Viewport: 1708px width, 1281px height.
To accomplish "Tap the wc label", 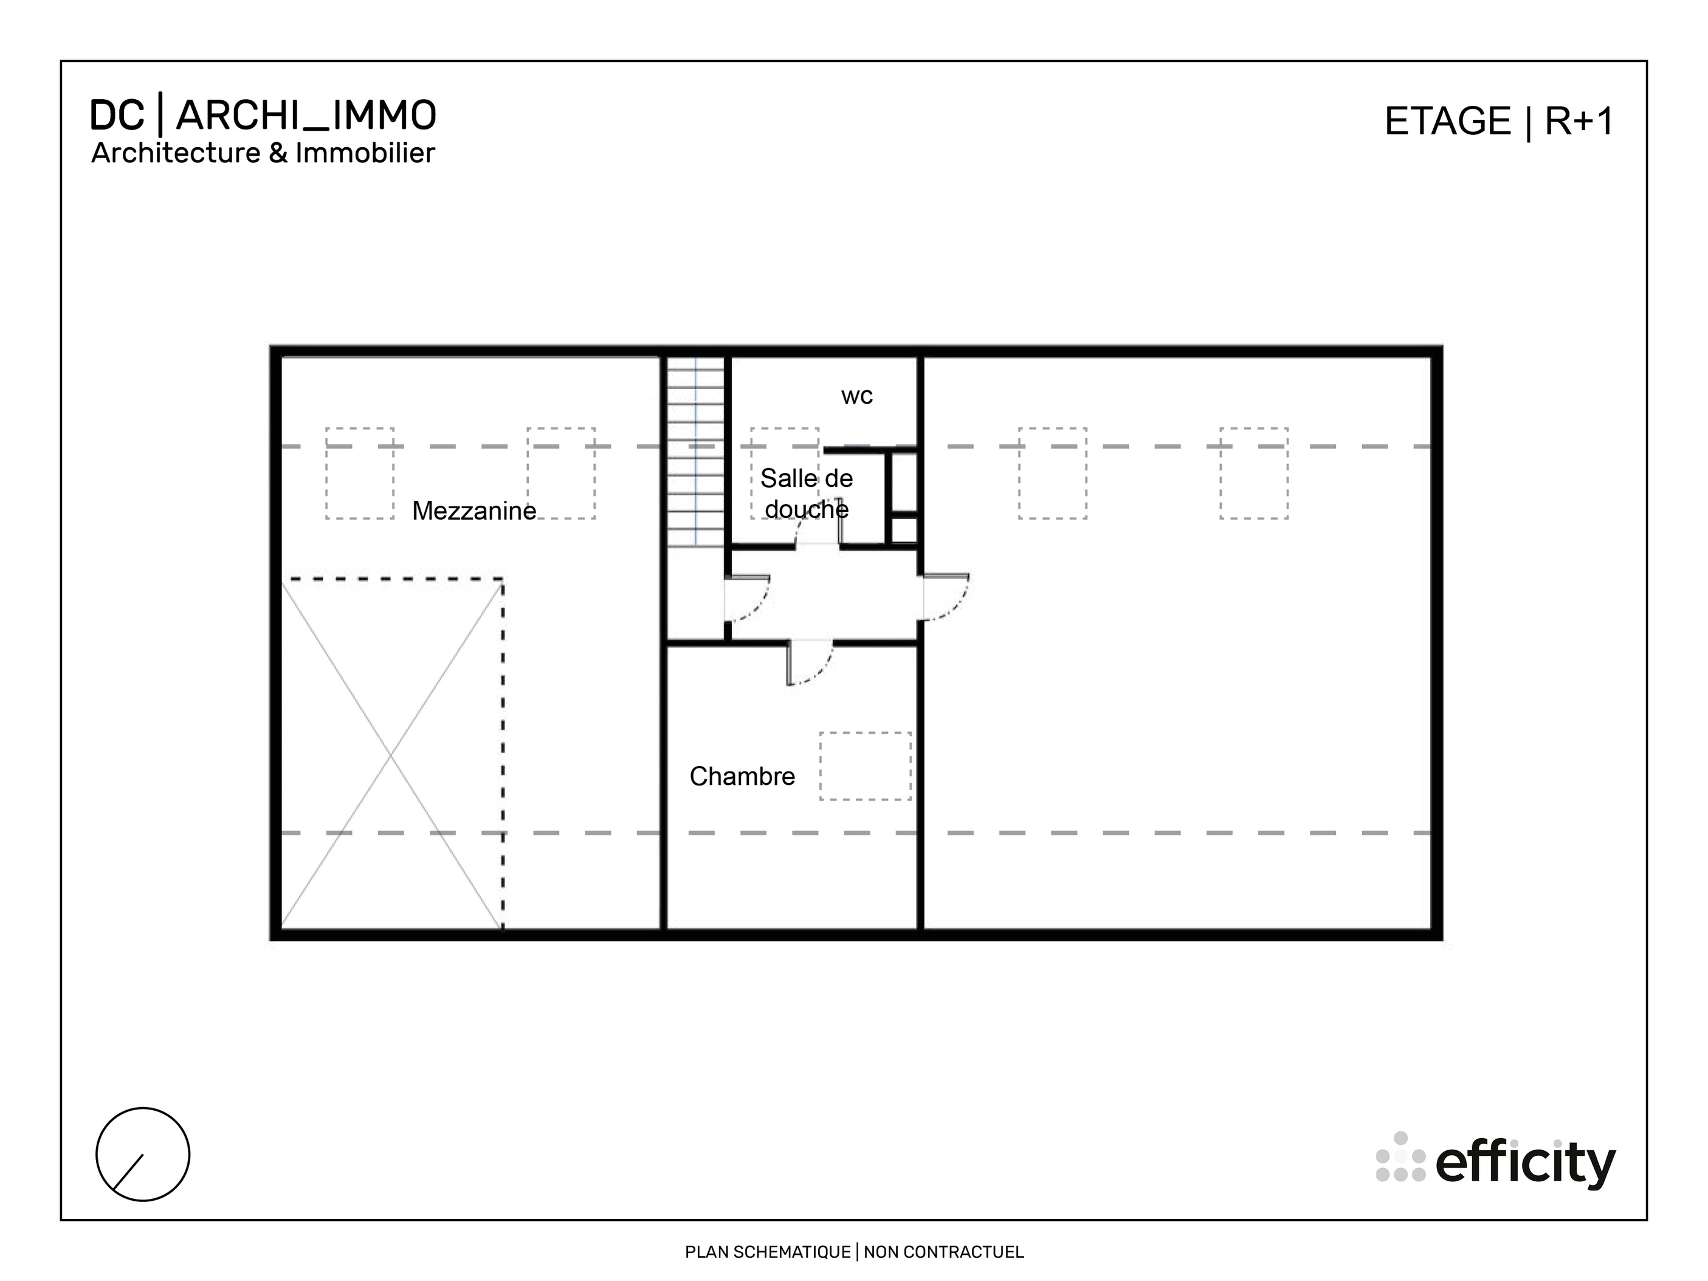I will pyautogui.click(x=856, y=396).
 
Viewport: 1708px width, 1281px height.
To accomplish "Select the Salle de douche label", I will pyautogui.click(x=806, y=494).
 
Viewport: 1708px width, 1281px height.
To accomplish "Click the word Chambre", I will pyautogui.click(x=742, y=776).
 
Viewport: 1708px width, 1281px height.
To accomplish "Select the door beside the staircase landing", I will pyautogui.click(x=746, y=598).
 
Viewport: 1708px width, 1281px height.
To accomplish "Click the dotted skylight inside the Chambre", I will pyautogui.click(x=865, y=766).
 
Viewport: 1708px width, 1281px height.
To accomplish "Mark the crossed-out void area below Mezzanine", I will pyautogui.click(x=391, y=754).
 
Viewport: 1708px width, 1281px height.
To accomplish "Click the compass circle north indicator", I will pyautogui.click(x=143, y=1155).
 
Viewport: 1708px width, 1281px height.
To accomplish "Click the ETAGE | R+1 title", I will pyautogui.click(x=1498, y=122).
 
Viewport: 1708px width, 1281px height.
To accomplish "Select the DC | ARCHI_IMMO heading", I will pyautogui.click(x=263, y=116).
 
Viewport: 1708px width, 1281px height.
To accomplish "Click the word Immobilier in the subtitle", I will pyautogui.click(x=365, y=153).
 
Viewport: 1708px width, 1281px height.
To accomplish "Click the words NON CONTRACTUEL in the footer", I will pyautogui.click(x=943, y=1252).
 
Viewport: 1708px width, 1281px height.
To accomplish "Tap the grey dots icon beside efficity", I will pyautogui.click(x=1400, y=1158).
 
